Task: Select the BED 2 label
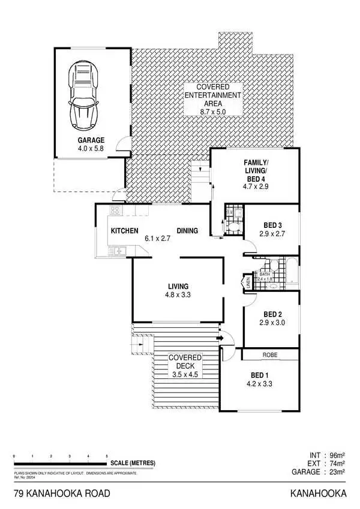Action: (x=272, y=314)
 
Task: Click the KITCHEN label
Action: (x=125, y=231)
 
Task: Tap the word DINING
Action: (x=187, y=231)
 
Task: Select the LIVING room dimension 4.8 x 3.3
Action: (x=179, y=294)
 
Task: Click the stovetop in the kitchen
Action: (x=115, y=210)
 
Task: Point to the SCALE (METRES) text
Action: (x=133, y=463)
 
